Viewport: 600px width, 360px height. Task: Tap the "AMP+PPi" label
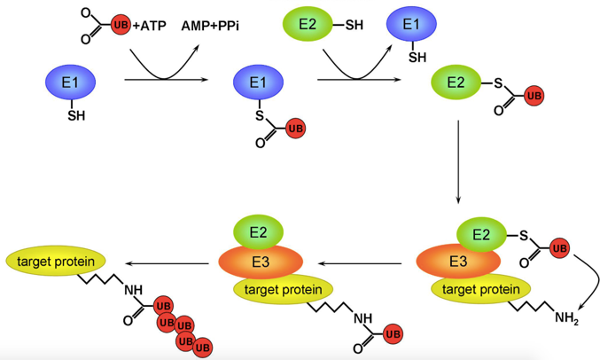209,25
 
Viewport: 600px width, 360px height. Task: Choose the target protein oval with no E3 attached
56,261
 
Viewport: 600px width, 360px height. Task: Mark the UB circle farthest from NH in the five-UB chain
203,347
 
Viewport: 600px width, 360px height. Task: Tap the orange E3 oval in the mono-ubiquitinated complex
261,262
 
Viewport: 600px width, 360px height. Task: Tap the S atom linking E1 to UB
259,115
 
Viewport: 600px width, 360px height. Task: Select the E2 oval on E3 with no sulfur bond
259,232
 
